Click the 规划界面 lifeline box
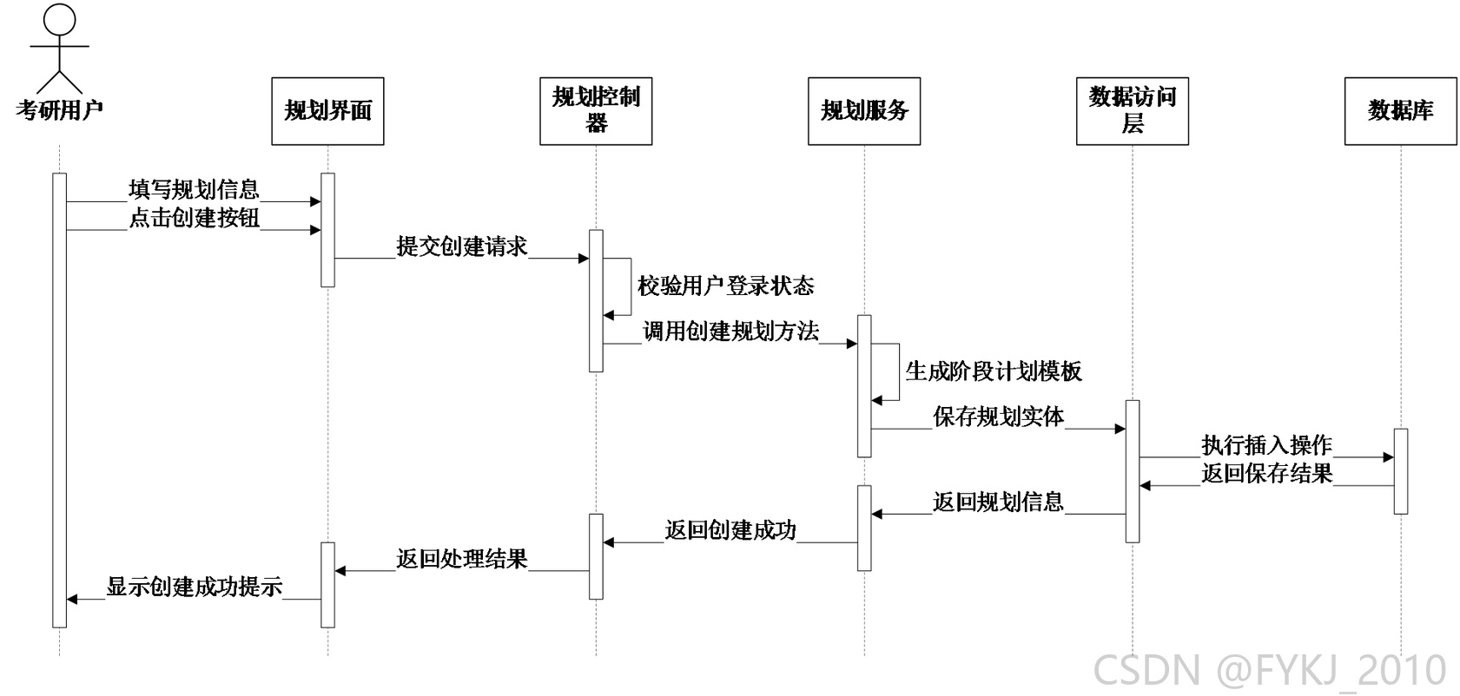327,111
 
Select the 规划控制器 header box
596,111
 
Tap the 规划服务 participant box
864,111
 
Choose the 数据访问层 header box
1133,111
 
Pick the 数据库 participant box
1401,111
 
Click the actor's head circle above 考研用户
59,19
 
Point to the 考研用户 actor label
59,110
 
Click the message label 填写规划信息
195,189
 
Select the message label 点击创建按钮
195,218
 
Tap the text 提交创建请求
462,246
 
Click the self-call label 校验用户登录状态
726,286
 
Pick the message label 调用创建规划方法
730,332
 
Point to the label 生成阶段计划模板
994,371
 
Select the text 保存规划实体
999,417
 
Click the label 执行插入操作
1267,445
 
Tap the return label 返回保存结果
1267,473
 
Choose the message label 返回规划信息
999,502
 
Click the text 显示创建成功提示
195,587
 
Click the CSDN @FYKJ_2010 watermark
1270,671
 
